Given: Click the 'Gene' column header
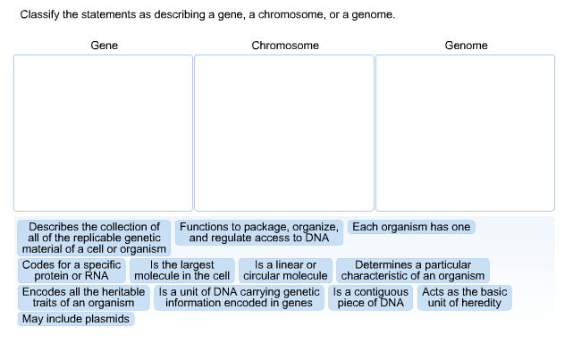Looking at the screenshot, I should (104, 46).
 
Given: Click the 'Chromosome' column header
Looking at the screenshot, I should (285, 46).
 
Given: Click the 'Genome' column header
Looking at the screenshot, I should (466, 46).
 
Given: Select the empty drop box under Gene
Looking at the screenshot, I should (103, 132).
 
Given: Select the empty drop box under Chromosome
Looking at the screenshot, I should (284, 132).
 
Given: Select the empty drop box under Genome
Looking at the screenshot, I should (466, 132).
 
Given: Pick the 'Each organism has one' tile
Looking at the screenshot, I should (411, 227).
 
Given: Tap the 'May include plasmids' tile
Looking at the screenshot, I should (76, 319).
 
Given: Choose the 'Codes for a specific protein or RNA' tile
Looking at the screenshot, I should (72, 271).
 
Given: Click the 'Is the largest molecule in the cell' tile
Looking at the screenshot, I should (182, 271).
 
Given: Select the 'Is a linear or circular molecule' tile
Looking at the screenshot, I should (285, 271).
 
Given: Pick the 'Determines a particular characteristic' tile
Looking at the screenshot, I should (413, 271).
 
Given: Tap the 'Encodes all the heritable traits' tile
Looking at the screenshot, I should (83, 297).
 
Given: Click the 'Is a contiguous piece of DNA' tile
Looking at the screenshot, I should (371, 297).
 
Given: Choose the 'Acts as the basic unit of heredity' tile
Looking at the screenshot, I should (465, 297).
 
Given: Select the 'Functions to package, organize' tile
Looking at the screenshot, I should (259, 232).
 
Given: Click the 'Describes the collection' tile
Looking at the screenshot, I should (94, 238).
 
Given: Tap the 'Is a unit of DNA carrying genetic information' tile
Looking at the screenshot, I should (239, 297).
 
